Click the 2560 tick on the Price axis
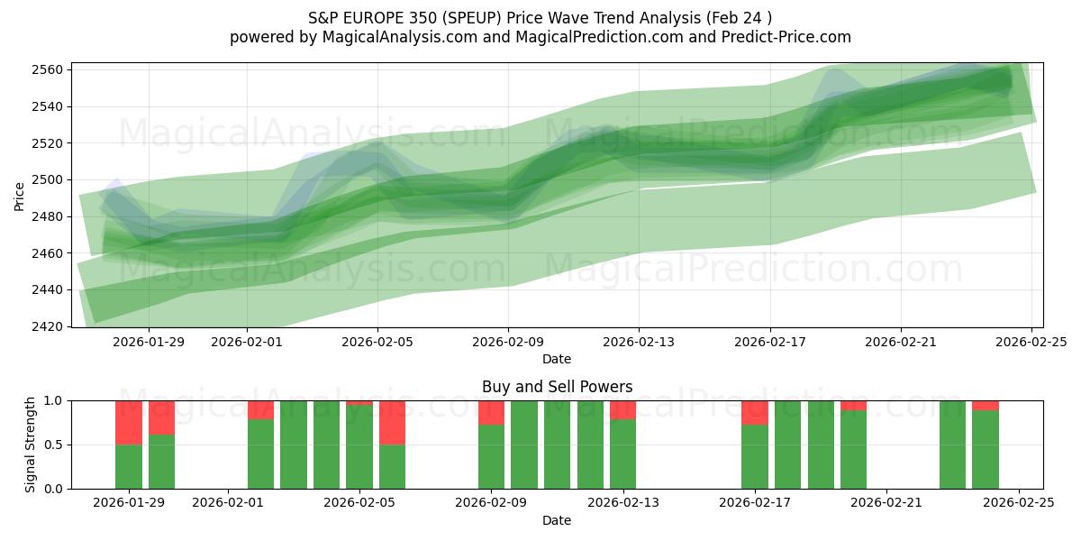click(45, 69)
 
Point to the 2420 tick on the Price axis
click(45, 326)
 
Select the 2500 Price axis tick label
click(45, 179)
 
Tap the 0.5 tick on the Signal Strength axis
click(52, 445)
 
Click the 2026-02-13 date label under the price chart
click(639, 342)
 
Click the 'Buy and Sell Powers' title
click(557, 387)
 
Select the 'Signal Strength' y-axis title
click(31, 445)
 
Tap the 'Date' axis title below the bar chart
click(557, 520)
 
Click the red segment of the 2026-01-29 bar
click(129, 422)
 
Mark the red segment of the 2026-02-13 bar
click(622, 410)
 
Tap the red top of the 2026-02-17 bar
click(754, 412)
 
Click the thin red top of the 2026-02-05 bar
click(359, 402)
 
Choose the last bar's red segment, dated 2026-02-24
click(985, 405)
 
